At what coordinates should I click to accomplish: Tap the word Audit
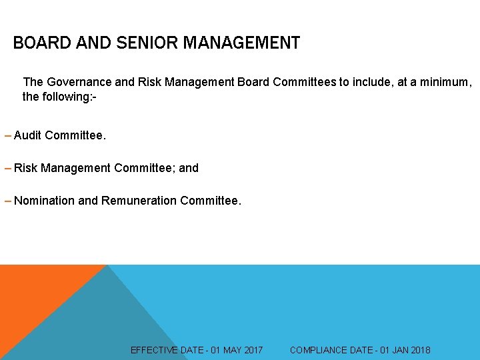tap(27, 135)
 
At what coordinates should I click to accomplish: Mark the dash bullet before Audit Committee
tap(7, 135)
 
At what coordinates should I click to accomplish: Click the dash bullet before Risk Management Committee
tap(7, 168)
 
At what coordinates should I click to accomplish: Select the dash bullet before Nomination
tap(7, 201)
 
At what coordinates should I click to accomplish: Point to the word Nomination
tap(45, 201)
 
